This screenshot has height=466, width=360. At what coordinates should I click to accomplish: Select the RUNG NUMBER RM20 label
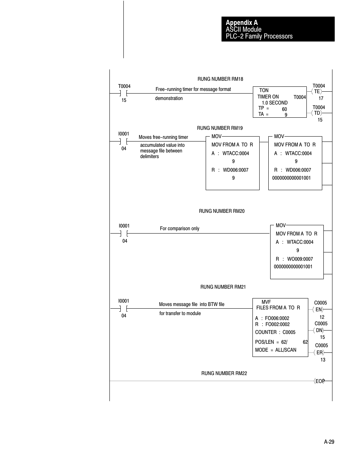tap(222, 211)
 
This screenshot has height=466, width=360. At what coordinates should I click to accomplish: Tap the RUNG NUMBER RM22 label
tap(224, 373)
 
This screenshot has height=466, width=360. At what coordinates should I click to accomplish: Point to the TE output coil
tap(317, 92)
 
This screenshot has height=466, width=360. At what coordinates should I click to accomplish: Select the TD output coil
tap(317, 113)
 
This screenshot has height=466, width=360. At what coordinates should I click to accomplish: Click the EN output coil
tap(319, 310)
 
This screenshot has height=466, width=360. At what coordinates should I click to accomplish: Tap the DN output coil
tap(319, 330)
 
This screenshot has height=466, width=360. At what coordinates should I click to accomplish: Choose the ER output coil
tap(320, 352)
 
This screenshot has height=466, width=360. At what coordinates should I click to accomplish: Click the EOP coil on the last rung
tap(320, 381)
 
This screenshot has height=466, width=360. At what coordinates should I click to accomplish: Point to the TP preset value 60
tap(285, 109)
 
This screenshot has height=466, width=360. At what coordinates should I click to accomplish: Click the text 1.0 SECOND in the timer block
tap(275, 103)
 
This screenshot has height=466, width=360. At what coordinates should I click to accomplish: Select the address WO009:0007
tap(300, 259)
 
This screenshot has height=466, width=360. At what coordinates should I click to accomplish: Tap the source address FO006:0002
tap(277, 318)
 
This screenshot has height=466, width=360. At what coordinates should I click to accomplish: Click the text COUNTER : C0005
tap(275, 332)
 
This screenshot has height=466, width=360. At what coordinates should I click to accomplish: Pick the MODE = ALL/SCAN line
tap(275, 350)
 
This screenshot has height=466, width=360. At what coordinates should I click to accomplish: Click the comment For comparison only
tap(180, 228)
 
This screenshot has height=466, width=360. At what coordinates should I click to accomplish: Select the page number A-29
tap(329, 442)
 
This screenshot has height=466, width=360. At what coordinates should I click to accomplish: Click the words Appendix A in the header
tap(242, 23)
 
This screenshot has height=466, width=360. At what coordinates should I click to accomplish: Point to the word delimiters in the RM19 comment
tap(149, 156)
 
